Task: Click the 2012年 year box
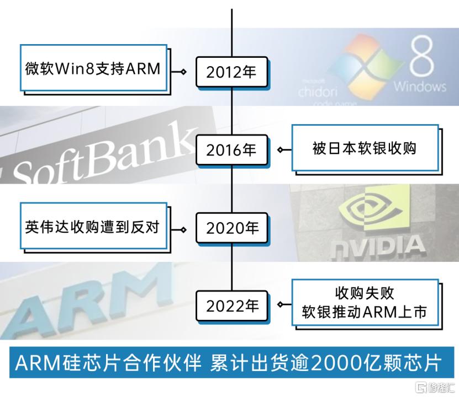(232, 72)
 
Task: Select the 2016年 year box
(232, 150)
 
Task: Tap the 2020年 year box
(232, 228)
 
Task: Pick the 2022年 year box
(232, 306)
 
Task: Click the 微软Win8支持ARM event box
(94, 68)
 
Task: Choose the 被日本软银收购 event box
(365, 148)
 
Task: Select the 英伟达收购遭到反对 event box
(94, 226)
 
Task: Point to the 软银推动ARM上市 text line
(364, 312)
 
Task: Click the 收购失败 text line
(365, 293)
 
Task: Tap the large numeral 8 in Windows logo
(421, 56)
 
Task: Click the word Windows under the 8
(420, 87)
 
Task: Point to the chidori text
(318, 92)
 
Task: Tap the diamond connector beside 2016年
(280, 150)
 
